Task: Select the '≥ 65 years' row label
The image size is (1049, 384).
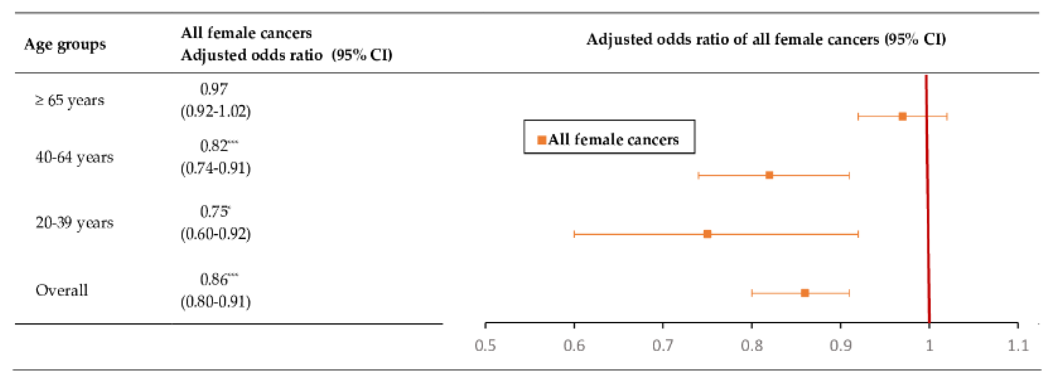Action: (x=70, y=100)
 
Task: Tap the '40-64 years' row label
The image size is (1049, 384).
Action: (x=74, y=157)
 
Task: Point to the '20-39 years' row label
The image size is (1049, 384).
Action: (x=74, y=223)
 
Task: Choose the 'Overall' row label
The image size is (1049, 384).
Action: (x=61, y=290)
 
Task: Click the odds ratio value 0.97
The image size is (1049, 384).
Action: (x=214, y=89)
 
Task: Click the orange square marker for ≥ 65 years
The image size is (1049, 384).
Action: (x=902, y=117)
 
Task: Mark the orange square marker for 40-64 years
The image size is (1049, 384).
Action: (x=769, y=175)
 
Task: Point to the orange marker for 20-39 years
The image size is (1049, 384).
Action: (x=707, y=234)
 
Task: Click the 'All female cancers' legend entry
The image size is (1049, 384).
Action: (x=609, y=140)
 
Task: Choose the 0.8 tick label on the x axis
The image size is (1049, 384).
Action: (x=751, y=346)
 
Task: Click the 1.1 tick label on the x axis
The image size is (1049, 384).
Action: (x=1018, y=346)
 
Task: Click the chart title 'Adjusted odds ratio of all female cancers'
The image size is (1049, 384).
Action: (x=766, y=39)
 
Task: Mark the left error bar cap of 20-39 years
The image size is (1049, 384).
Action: (x=574, y=234)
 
